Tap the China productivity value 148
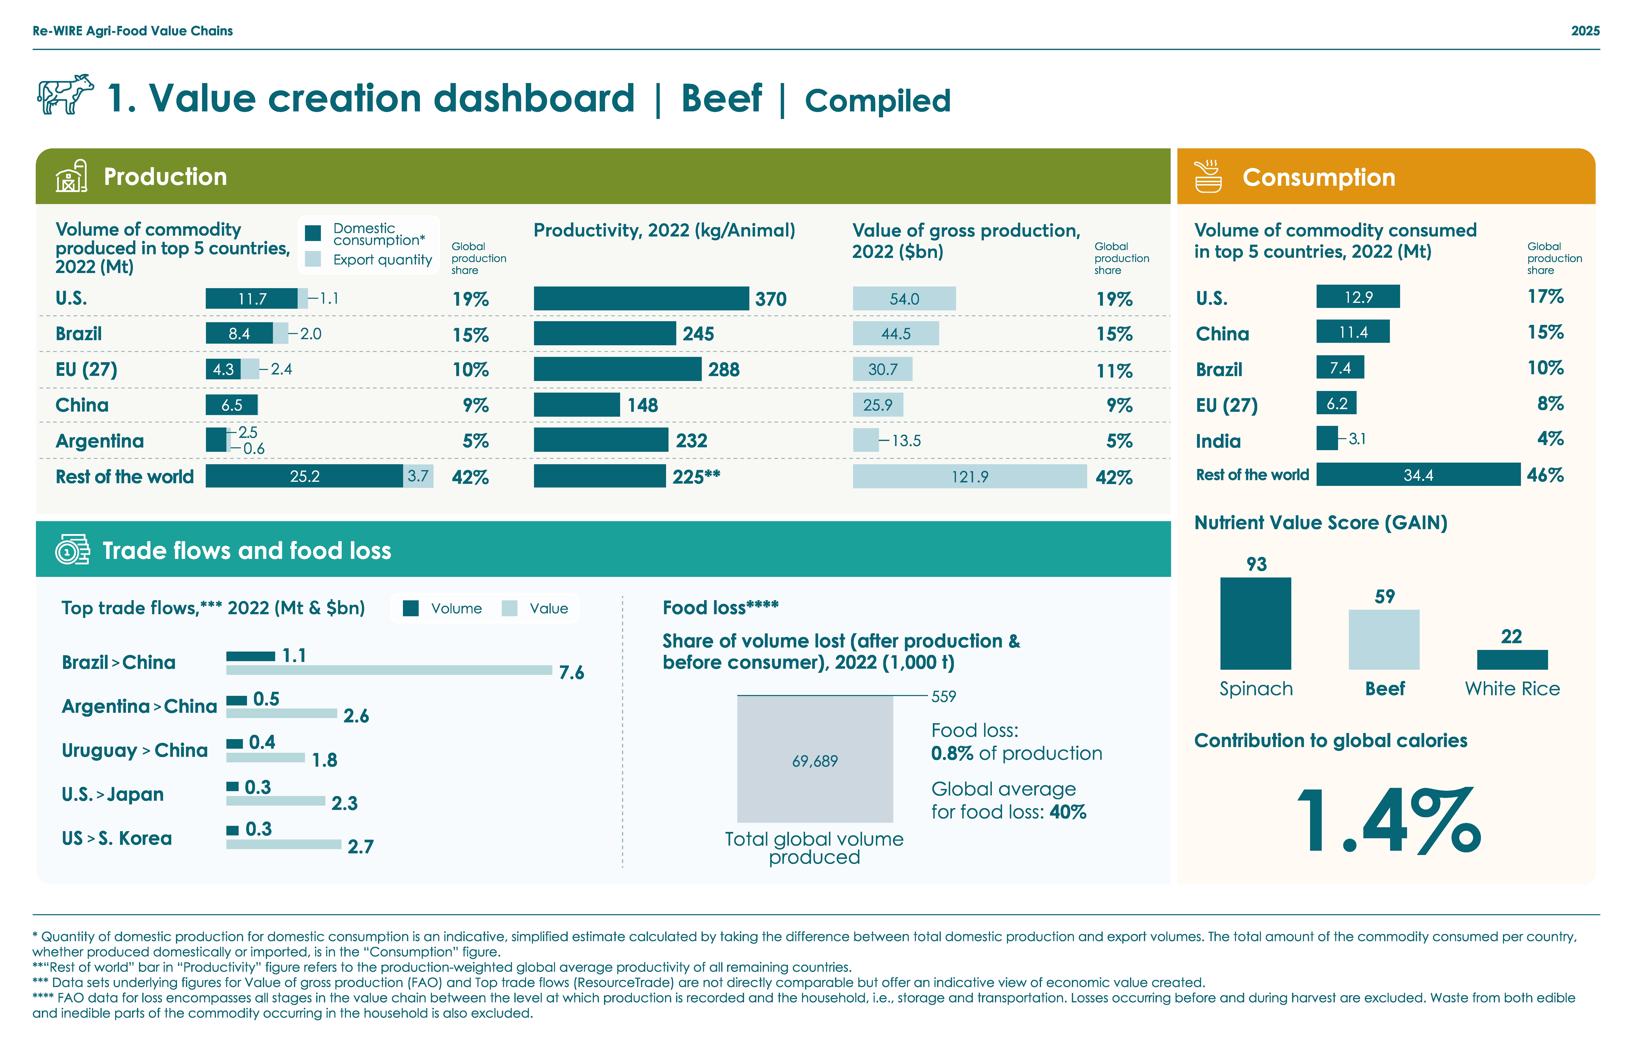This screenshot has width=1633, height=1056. (643, 405)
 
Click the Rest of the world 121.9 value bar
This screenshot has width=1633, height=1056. (969, 476)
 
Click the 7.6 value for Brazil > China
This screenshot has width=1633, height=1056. (571, 673)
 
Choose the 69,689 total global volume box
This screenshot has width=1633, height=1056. (815, 760)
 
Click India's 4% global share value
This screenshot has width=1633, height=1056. (1549, 439)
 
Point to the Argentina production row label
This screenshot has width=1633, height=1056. (99, 441)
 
